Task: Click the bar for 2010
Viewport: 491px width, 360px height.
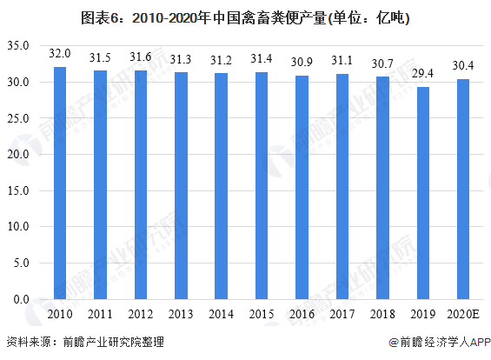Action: [60, 183]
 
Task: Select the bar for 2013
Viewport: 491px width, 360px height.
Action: [181, 186]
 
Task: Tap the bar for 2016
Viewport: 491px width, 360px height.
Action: [302, 188]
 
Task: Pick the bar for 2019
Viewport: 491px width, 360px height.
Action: [422, 193]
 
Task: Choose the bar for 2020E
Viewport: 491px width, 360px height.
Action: [462, 190]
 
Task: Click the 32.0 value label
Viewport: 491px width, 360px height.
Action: [60, 54]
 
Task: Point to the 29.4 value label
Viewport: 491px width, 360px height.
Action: [422, 73]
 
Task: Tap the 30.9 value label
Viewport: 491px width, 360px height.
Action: [302, 62]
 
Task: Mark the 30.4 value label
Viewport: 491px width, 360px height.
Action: [462, 66]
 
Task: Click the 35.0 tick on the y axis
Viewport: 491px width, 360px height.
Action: [18, 45]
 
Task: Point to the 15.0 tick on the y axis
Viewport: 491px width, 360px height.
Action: [18, 190]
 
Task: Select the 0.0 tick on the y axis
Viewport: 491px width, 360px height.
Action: [21, 299]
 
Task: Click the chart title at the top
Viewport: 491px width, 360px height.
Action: [245, 17]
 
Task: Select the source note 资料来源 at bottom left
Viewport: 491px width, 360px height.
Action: [84, 343]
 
